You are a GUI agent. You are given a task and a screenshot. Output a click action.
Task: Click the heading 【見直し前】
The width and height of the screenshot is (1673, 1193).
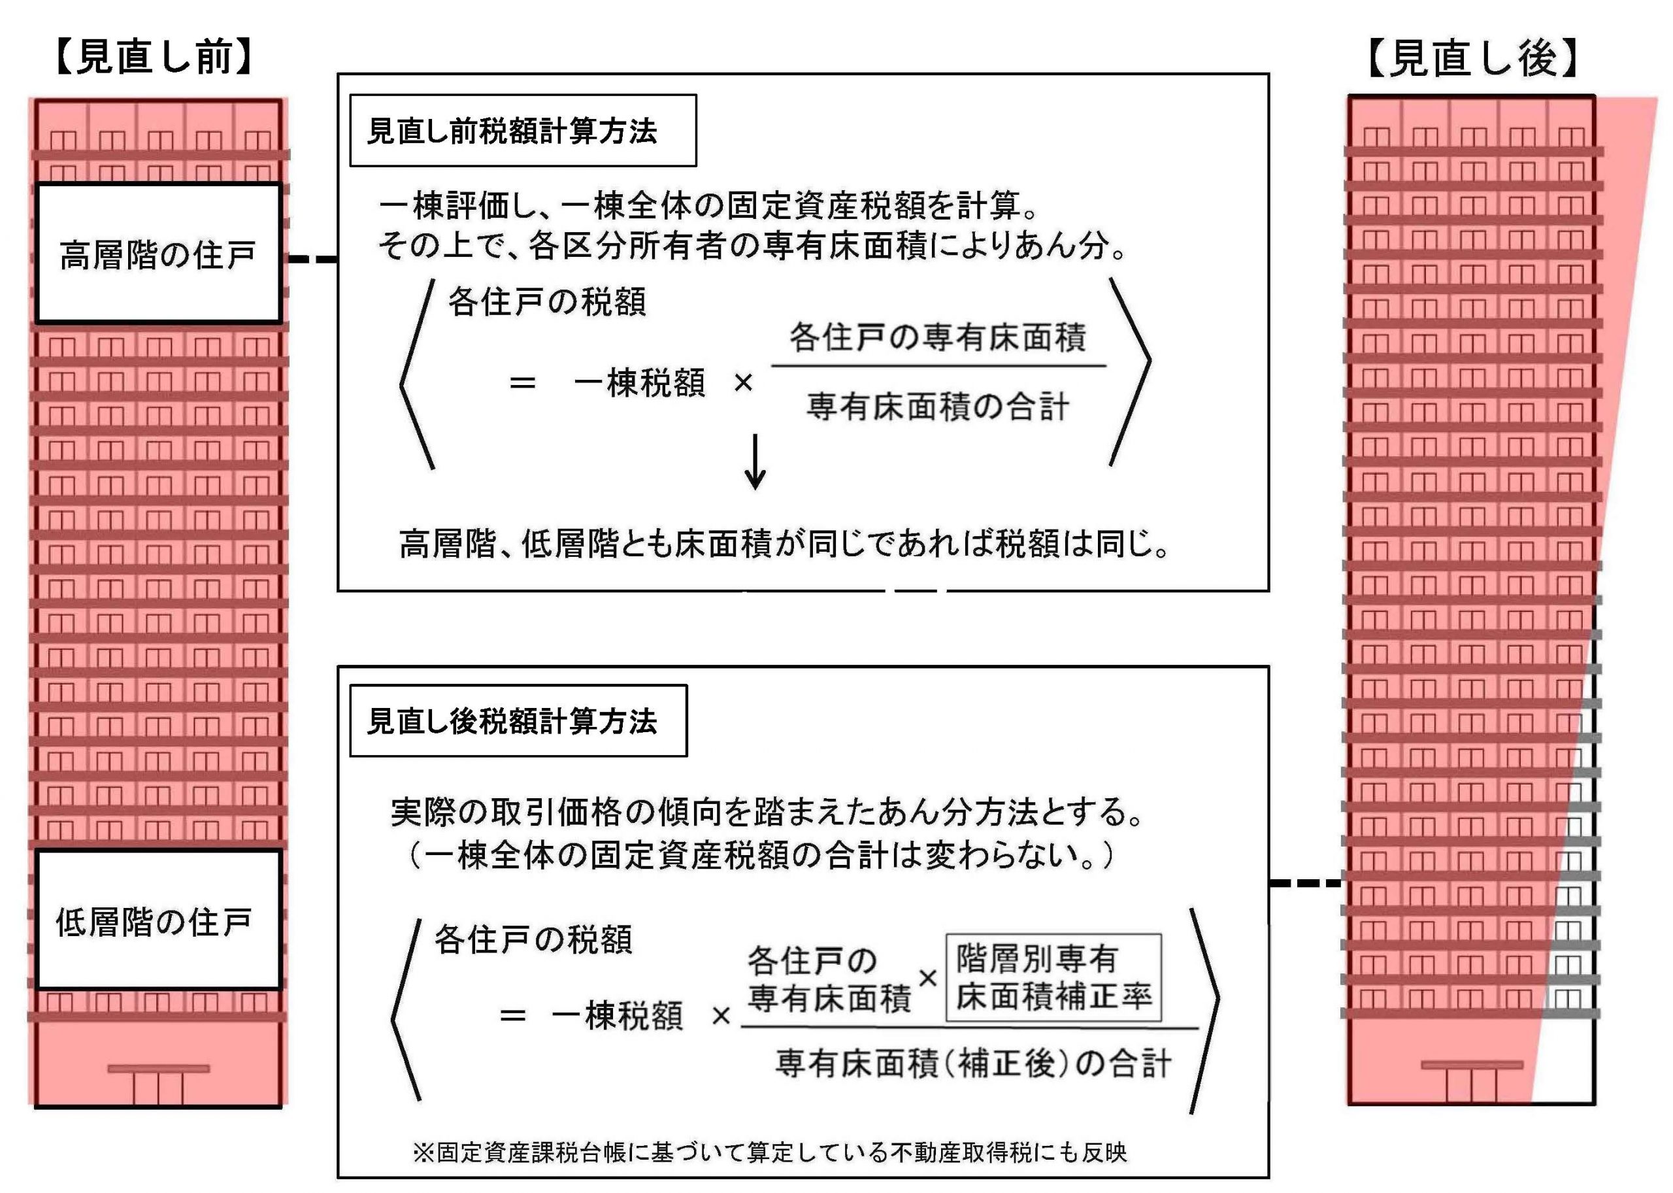(154, 58)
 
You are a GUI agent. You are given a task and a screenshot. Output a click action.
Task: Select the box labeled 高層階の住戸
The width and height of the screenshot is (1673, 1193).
(159, 254)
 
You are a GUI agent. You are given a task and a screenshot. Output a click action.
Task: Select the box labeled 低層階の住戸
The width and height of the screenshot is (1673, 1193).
(159, 920)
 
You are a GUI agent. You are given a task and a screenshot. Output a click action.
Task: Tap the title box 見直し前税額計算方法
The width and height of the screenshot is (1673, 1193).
(522, 131)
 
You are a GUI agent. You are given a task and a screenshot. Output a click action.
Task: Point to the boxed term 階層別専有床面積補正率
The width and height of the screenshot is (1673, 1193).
(1053, 977)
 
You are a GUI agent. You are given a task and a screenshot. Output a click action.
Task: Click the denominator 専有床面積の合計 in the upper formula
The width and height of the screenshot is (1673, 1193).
(938, 406)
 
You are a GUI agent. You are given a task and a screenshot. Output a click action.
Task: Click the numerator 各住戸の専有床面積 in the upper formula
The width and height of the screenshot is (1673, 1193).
(938, 337)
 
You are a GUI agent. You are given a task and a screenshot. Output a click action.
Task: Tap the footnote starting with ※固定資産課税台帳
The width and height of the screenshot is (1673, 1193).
(770, 1152)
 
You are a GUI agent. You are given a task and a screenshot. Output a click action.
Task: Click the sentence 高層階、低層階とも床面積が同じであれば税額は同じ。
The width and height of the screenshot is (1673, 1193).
(784, 545)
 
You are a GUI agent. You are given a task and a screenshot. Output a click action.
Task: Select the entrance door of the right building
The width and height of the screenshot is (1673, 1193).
(1472, 1085)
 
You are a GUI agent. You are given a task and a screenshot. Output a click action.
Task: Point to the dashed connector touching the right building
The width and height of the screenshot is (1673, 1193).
(1306, 882)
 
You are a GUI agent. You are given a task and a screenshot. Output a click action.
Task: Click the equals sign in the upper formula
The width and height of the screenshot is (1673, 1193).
(522, 382)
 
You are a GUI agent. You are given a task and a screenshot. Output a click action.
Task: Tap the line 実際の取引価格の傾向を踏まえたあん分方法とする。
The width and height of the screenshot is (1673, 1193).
(767, 813)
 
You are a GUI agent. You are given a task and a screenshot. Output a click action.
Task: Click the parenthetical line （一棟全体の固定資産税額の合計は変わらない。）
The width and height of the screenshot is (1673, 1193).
(761, 855)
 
